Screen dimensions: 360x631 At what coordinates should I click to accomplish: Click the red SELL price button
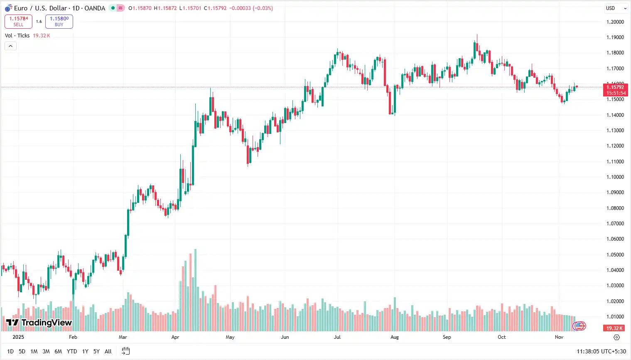pos(18,22)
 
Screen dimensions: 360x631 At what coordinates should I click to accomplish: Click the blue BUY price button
pos(59,22)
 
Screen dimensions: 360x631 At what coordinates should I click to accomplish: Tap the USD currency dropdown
pos(616,8)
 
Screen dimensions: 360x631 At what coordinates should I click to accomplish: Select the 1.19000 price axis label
pos(615,37)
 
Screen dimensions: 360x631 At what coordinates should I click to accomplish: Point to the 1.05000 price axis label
pos(615,255)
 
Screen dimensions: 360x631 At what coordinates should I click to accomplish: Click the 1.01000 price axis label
pos(615,317)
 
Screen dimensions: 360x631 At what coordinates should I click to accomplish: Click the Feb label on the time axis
pos(73,337)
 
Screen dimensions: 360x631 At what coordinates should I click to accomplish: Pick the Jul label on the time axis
pos(337,337)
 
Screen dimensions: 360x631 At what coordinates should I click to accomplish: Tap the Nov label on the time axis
pos(559,337)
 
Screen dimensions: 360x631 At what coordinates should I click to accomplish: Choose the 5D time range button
pos(22,352)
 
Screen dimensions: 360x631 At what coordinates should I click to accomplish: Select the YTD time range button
pos(72,352)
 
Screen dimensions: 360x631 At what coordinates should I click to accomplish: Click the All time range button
pos(108,352)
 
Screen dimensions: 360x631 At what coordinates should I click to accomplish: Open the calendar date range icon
pos(126,351)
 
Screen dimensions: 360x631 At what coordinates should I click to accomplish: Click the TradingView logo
pos(39,323)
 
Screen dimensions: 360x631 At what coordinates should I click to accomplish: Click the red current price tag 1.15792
pos(615,87)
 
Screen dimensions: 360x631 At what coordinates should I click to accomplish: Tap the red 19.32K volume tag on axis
pos(615,328)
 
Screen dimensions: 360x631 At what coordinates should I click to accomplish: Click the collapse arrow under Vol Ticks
pos(10,46)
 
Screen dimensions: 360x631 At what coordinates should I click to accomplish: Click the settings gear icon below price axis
pos(617,337)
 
